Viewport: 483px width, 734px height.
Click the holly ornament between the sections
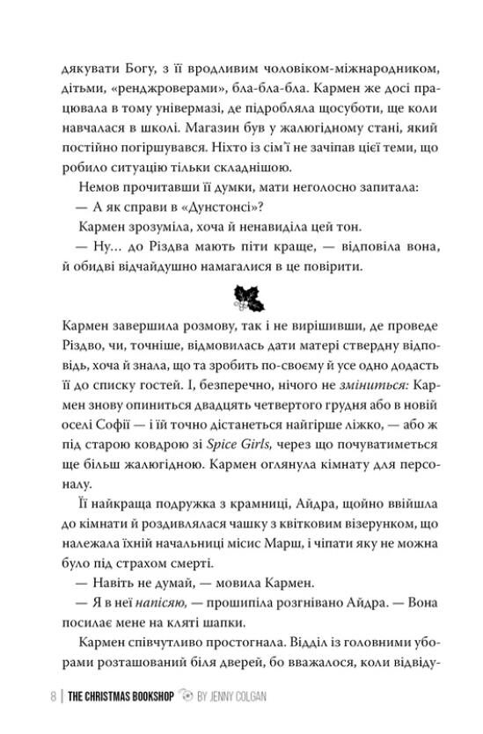pyautogui.click(x=240, y=296)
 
